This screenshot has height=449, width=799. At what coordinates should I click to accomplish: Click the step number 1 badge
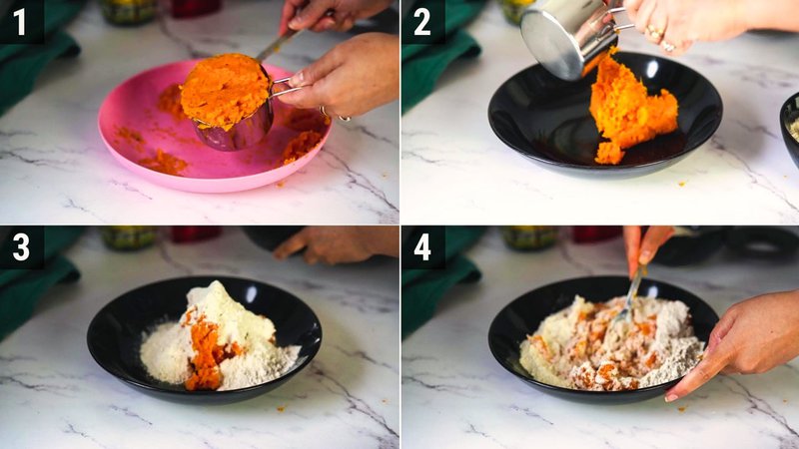tap(21, 21)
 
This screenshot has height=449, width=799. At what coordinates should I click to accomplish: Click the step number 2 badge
tap(422, 21)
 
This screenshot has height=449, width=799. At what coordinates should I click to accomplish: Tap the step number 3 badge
tap(21, 246)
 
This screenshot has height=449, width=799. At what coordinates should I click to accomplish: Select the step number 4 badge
tap(422, 246)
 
